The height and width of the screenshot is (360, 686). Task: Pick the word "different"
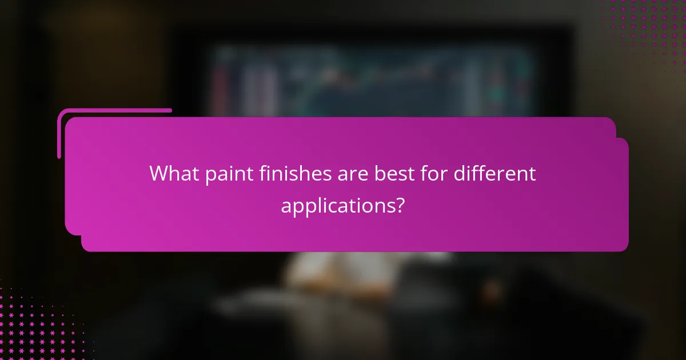tap(495, 174)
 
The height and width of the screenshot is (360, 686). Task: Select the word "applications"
tap(337, 205)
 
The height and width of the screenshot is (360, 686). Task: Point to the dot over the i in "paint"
tap(225, 166)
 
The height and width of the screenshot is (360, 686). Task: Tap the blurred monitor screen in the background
tap(372, 80)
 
